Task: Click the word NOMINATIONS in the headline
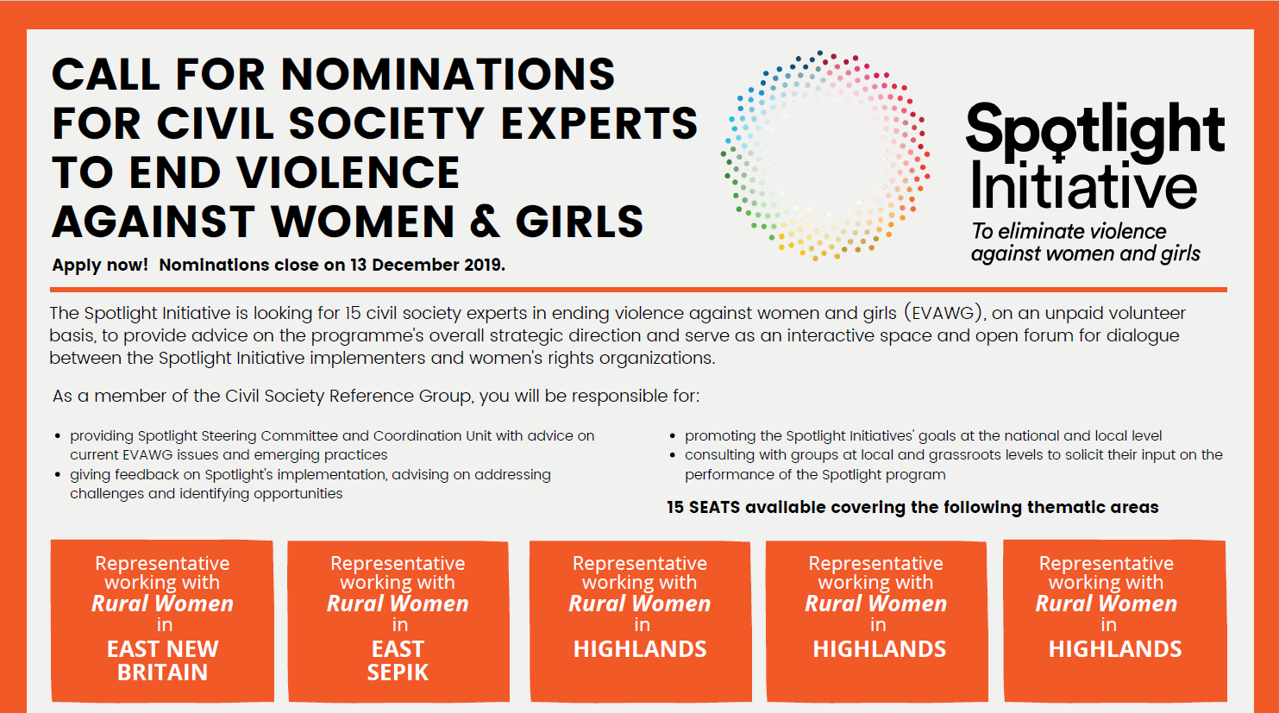pos(448,74)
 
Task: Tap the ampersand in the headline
pos(485,222)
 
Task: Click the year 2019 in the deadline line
pos(484,265)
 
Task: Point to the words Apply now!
pos(100,266)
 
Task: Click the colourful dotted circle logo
pos(825,155)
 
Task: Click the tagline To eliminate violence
pos(1069,231)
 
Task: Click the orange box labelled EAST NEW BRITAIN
pos(162,621)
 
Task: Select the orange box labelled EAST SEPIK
pos(398,621)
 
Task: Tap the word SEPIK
pos(398,672)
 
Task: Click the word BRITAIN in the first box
pos(162,672)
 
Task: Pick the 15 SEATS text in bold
pos(705,508)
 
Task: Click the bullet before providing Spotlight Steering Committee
pos(58,436)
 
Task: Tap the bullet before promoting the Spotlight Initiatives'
pos(673,436)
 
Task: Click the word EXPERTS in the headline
pos(599,123)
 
